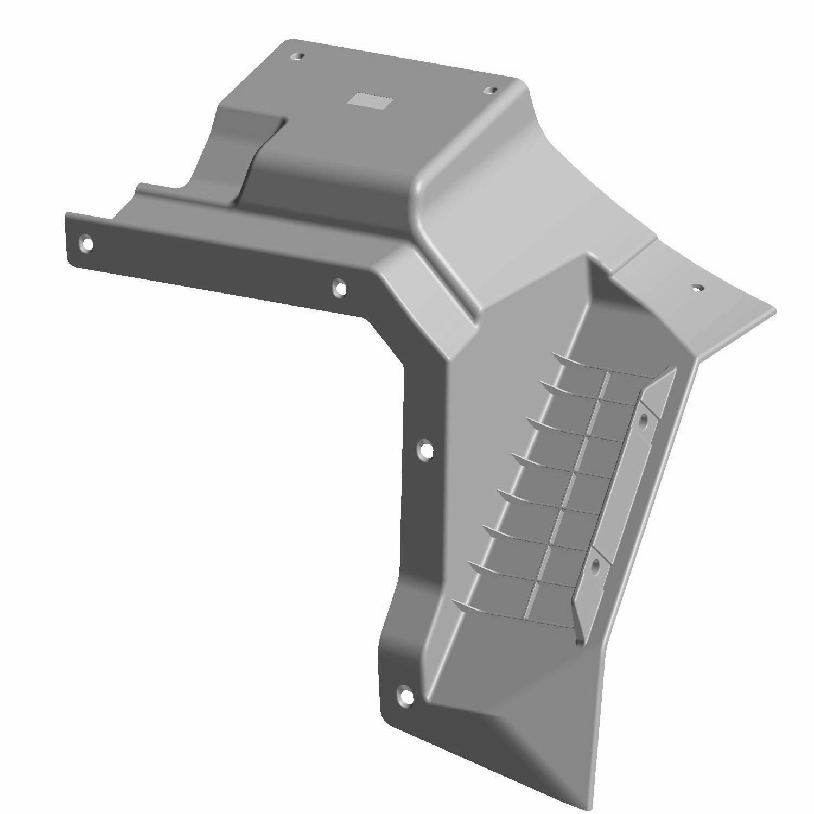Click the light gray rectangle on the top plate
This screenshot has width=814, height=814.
(x=372, y=100)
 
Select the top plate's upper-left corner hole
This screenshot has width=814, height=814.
(x=297, y=56)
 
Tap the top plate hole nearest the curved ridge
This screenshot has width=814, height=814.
(x=489, y=90)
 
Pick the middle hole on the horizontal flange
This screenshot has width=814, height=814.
(x=340, y=288)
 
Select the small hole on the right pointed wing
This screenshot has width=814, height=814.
(x=695, y=287)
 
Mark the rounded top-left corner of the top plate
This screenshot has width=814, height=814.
(x=288, y=43)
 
